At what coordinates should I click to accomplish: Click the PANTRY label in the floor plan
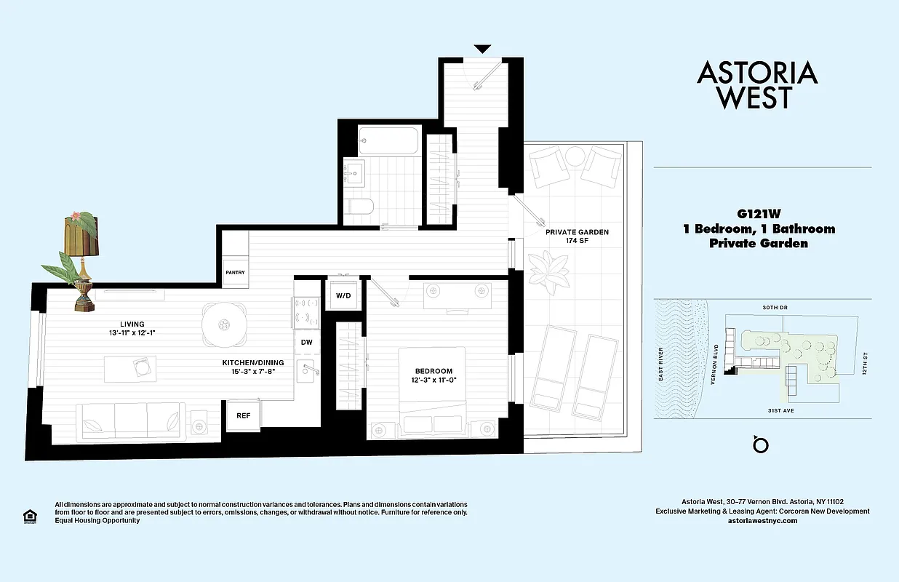pyautogui.click(x=235, y=273)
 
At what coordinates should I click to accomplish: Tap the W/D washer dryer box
pyautogui.click(x=342, y=296)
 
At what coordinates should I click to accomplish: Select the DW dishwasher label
pyautogui.click(x=307, y=342)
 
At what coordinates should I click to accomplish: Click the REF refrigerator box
pyautogui.click(x=243, y=416)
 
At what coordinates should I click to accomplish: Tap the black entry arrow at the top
pyautogui.click(x=482, y=49)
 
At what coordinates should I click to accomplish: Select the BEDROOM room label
pyautogui.click(x=434, y=371)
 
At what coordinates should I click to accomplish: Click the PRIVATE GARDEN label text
pyautogui.click(x=577, y=233)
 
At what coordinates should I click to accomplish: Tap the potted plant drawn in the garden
pyautogui.click(x=548, y=268)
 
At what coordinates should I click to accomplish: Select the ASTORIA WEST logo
pyautogui.click(x=757, y=85)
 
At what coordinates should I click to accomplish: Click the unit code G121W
pyautogui.click(x=759, y=215)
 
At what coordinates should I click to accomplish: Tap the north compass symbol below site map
pyautogui.click(x=761, y=444)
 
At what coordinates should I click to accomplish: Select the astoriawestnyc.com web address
pyautogui.click(x=762, y=521)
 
